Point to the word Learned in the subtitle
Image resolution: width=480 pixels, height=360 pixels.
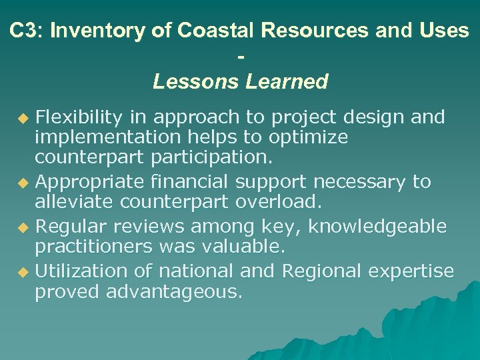pyautogui.click(x=287, y=82)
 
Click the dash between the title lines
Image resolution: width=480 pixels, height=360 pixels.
pyautogui.click(x=240, y=57)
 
